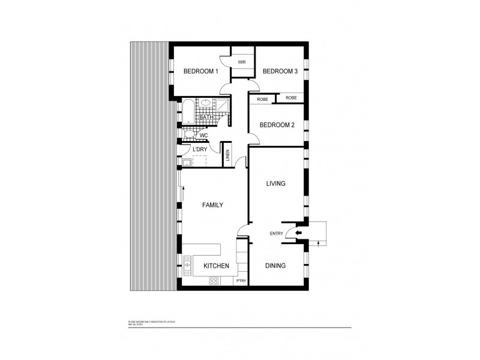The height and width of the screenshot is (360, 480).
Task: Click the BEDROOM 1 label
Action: click(x=200, y=71)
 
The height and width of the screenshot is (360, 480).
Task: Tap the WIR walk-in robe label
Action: click(x=242, y=62)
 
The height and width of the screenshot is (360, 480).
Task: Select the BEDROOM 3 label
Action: click(x=280, y=71)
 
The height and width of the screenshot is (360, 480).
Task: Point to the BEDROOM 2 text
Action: click(x=277, y=125)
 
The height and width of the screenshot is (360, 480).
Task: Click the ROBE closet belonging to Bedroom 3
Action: click(x=291, y=98)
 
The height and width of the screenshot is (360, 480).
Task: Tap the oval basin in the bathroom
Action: click(x=206, y=103)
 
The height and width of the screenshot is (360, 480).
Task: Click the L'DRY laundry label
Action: click(x=199, y=149)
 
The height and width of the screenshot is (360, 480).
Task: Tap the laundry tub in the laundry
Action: click(x=186, y=163)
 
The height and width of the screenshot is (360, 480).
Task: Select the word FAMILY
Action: click(x=212, y=205)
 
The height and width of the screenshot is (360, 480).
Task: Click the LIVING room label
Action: click(x=275, y=184)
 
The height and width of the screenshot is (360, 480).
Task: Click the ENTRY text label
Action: click(x=277, y=234)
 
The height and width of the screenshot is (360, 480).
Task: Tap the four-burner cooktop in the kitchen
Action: click(x=213, y=280)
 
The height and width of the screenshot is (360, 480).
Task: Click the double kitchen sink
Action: click(x=187, y=262)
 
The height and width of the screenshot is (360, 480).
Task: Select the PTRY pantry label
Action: click(x=241, y=281)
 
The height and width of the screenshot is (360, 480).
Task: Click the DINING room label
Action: click(x=275, y=265)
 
